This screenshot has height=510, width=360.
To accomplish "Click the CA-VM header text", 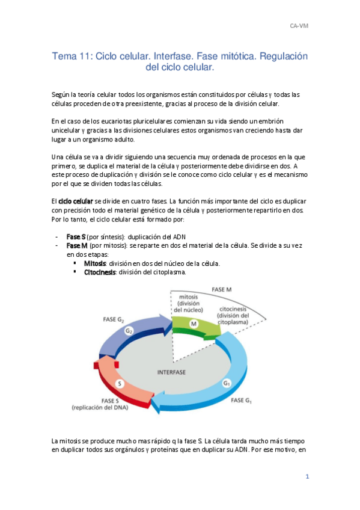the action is (x=299, y=26).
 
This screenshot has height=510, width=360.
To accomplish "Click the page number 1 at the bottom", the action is (x=307, y=477).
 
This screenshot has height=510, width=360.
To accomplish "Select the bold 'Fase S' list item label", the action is (x=76, y=236).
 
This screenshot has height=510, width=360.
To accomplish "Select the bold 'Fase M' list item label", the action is (x=78, y=245).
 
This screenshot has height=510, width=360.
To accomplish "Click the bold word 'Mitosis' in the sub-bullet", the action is (x=95, y=263).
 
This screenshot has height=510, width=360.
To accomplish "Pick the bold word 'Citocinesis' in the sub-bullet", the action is (x=100, y=272).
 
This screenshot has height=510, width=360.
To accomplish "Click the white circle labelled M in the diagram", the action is (x=194, y=324).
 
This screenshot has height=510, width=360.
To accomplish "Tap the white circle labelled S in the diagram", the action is (x=120, y=383).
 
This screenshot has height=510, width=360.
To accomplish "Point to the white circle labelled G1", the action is (x=226, y=382).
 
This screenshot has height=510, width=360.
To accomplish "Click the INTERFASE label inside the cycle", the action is (x=171, y=372).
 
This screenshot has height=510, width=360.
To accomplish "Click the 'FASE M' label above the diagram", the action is (x=222, y=289).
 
